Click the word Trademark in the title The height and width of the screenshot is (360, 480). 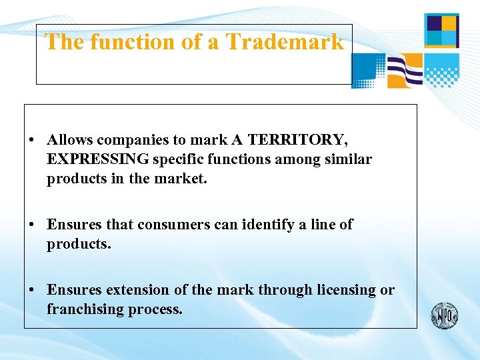pos(285,42)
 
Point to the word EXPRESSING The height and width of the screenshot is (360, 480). pos(98,159)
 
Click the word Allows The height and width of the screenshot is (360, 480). pos(70,140)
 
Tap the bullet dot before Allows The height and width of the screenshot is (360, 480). pos(31,141)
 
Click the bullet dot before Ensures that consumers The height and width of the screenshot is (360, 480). pos(31,225)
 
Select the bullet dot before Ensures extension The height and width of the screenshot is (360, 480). pos(31,291)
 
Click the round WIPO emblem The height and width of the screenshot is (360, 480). pos(444,315)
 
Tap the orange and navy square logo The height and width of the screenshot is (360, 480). pos(441,30)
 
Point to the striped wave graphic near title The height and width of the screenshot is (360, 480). pos(405,71)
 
